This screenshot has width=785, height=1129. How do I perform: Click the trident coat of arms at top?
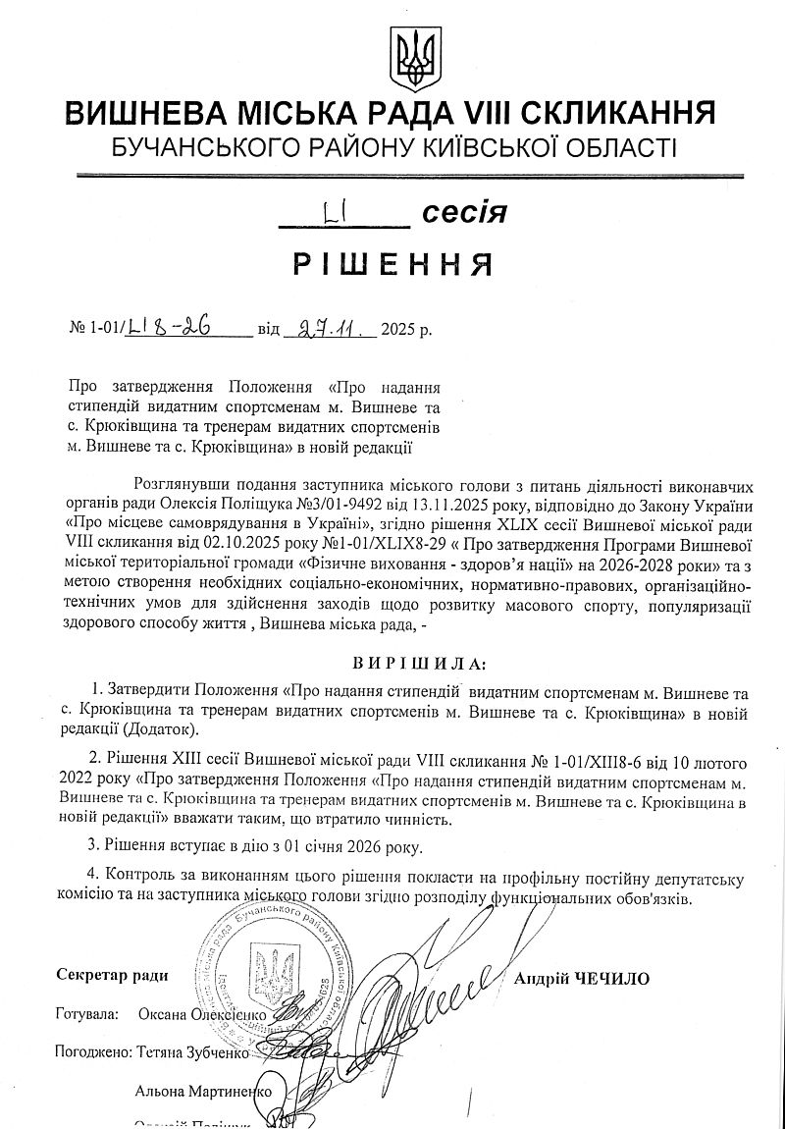408,54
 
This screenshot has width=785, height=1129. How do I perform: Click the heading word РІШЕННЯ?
392,264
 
